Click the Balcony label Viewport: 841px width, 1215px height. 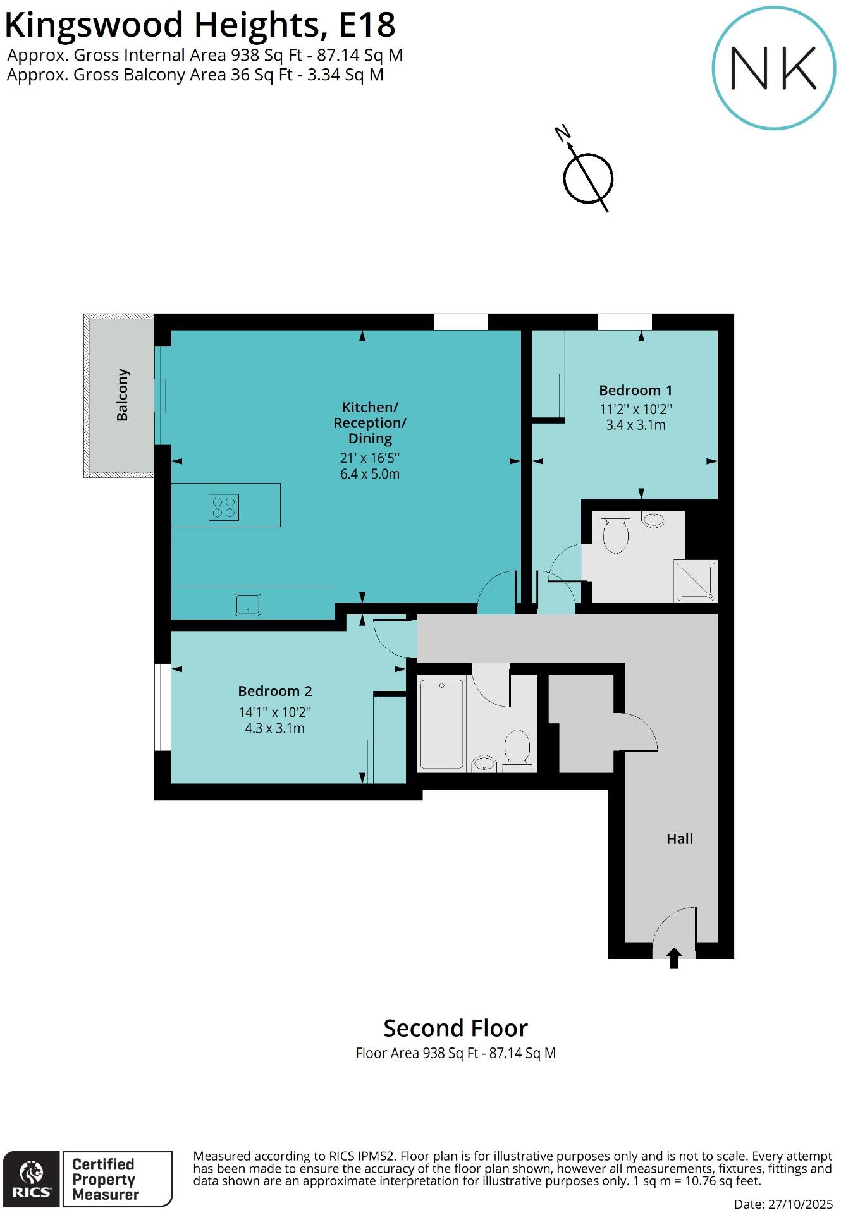[123, 395]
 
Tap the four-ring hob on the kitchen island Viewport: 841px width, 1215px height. [224, 507]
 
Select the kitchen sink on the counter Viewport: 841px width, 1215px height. [248, 604]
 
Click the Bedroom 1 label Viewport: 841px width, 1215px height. [635, 390]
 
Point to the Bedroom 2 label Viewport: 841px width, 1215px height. [275, 691]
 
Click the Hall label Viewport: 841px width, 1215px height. [680, 839]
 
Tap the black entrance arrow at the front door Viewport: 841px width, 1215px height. [674, 958]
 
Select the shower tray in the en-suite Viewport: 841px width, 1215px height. [696, 581]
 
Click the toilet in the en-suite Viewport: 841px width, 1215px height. [615, 534]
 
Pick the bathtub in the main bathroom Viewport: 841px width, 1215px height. [442, 723]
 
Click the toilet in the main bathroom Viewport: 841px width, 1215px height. [517, 749]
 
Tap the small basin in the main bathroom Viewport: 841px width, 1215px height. [484, 763]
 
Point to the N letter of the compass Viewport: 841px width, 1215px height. [562, 133]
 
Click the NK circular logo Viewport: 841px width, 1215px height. [774, 68]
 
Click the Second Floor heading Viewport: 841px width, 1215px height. [455, 1029]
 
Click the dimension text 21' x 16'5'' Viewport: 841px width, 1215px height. [370, 458]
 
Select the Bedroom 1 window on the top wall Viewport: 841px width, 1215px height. [625, 322]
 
